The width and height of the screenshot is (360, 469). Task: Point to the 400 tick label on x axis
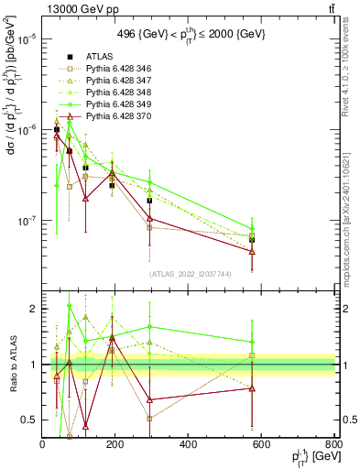coord(188,444)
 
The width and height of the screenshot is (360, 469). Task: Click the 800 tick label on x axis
coord(333,444)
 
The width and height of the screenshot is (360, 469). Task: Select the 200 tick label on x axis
coord(115,444)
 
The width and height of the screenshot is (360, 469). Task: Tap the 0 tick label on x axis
coord(43,444)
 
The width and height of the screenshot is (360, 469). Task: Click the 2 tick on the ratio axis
coord(34,309)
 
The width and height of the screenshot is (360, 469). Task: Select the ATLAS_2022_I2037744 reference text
coord(189,274)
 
